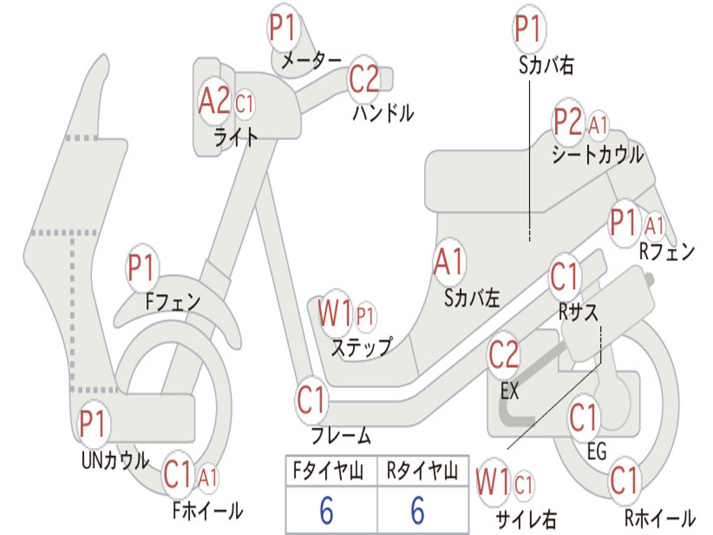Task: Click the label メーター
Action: click(311, 61)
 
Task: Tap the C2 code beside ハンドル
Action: click(364, 79)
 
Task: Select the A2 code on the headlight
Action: click(214, 102)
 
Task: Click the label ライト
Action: click(235, 137)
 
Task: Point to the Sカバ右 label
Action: click(546, 65)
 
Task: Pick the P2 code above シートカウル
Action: click(568, 123)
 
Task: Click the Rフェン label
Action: click(667, 252)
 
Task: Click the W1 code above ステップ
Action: click(335, 314)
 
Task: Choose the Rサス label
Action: click(579, 313)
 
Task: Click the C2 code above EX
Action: click(503, 355)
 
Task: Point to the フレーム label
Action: click(341, 437)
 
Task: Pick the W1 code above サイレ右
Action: click(493, 482)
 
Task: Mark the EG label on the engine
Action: click(597, 452)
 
